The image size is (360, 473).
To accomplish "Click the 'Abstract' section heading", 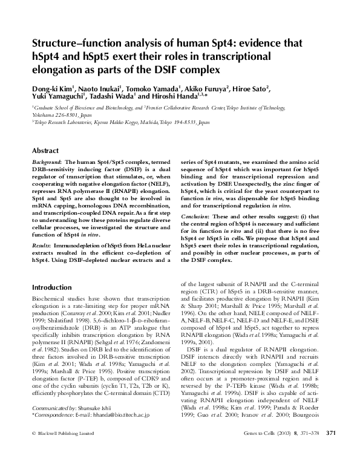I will point(45,151).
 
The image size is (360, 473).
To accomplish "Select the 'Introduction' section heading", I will point(52,287).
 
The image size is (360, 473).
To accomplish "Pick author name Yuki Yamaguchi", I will point(57,96).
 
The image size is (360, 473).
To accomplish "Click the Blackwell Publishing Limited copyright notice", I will point(64,450).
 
